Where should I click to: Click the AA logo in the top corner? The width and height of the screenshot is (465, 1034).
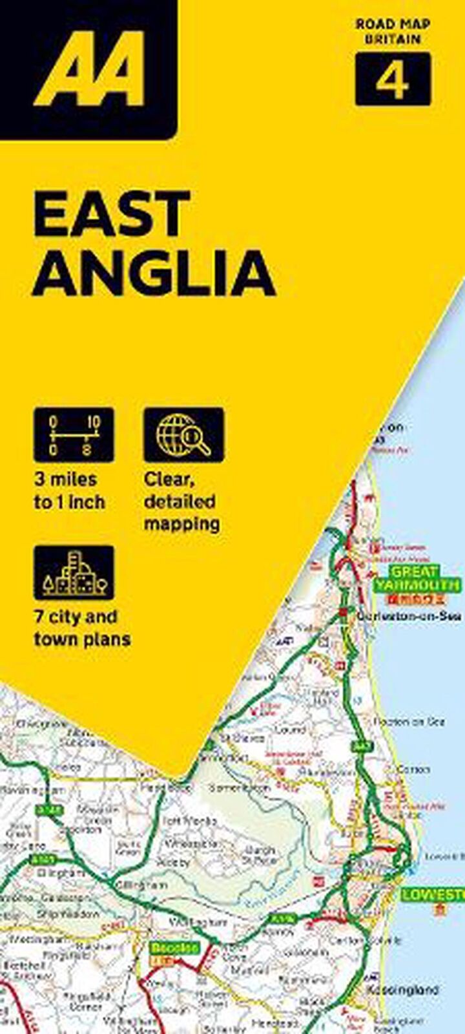(88, 68)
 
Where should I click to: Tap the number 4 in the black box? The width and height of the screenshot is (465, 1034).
(392, 80)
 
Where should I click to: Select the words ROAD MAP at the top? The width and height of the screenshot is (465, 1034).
(392, 25)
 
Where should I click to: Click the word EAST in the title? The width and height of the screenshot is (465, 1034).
(112, 214)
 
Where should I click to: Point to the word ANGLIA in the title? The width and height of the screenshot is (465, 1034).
(154, 272)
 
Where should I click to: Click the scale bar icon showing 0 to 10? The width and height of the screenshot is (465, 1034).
(74, 434)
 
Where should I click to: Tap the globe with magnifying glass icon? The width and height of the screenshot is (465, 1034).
(184, 434)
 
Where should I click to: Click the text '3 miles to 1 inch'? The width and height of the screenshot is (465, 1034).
(69, 491)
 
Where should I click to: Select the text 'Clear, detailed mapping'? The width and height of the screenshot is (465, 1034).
(181, 501)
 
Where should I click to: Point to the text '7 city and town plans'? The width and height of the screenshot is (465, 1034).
(82, 628)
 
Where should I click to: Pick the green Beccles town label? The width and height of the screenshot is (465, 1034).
(174, 948)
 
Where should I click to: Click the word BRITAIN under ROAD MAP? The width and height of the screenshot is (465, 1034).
(392, 39)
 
